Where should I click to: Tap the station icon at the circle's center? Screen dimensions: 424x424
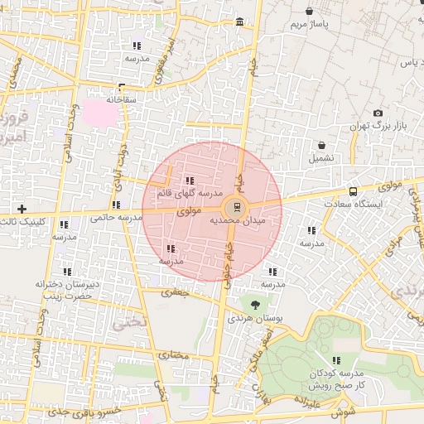pyautogui.click(x=237, y=206)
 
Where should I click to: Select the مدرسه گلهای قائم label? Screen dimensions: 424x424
pyautogui.click(x=182, y=194)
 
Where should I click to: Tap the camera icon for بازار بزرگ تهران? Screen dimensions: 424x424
pyautogui.click(x=378, y=113)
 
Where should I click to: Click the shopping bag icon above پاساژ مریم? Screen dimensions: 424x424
pyautogui.click(x=309, y=12)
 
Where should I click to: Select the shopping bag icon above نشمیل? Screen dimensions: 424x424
pyautogui.click(x=320, y=143)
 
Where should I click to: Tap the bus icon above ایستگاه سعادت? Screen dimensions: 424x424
pyautogui.click(x=353, y=190)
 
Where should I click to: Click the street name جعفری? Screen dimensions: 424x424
pyautogui.click(x=176, y=291)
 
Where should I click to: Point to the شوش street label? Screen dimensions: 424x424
pyautogui.click(x=345, y=411)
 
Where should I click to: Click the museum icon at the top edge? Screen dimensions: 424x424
pyautogui.click(x=239, y=22)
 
